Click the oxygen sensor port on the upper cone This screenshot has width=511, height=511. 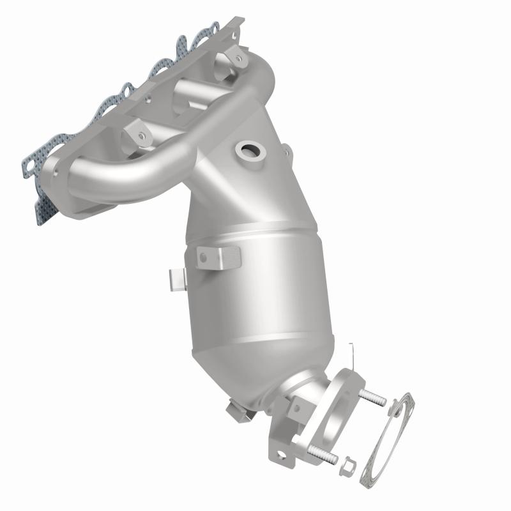click(x=250, y=152)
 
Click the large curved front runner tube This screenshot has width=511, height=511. click(x=128, y=172)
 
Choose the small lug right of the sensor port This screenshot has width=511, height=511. click(x=287, y=152)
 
